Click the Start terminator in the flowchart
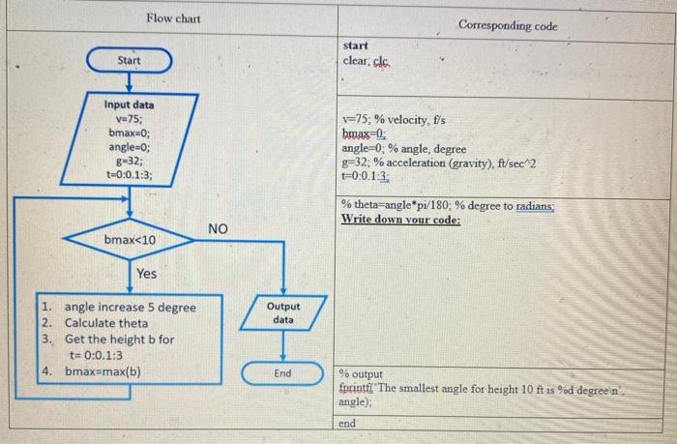tap(129, 61)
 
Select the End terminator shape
tap(282, 373)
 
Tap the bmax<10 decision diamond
tap(130, 239)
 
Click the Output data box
tap(282, 312)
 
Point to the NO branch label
tap(218, 228)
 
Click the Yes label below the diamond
tap(146, 274)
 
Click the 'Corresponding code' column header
tap(508, 25)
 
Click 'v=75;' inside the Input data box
tap(130, 118)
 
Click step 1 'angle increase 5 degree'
tap(129, 308)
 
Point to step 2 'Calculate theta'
tap(106, 323)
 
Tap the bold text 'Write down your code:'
tap(400, 220)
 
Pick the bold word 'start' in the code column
tap(355, 45)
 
